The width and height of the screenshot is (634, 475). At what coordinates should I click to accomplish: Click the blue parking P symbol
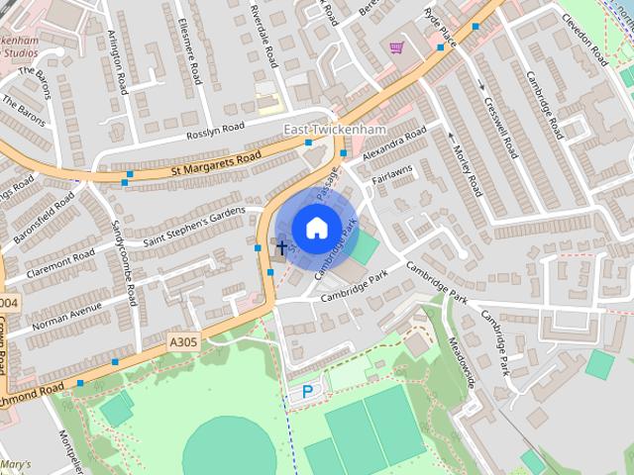click(x=307, y=392)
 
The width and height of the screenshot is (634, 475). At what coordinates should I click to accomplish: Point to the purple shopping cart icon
click(x=397, y=47)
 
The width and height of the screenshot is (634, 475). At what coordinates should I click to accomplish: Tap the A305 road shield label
click(x=182, y=342)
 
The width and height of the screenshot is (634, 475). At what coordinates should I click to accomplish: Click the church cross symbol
click(x=282, y=246)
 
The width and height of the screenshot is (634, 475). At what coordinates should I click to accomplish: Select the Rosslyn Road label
click(x=215, y=133)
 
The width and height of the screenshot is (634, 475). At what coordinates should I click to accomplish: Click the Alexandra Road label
click(x=393, y=144)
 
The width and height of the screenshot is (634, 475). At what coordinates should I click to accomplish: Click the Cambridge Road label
click(x=543, y=105)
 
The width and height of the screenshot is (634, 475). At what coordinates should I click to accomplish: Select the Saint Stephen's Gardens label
click(x=193, y=227)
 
